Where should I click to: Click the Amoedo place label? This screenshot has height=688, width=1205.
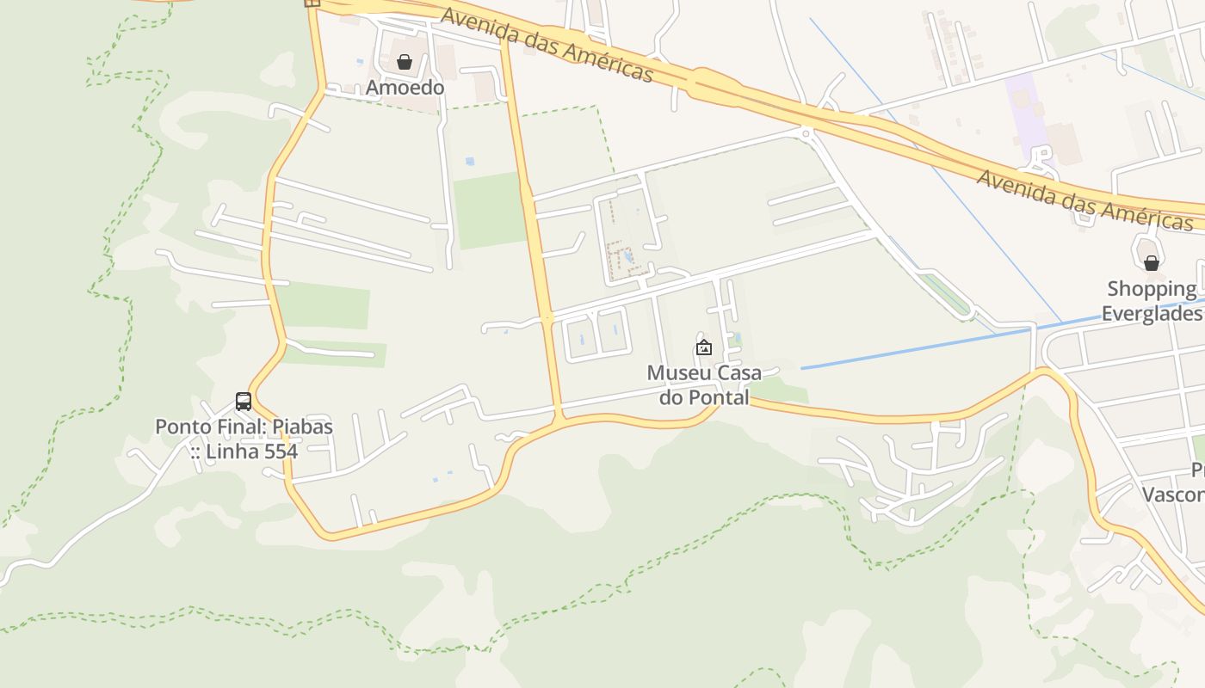point(405,88)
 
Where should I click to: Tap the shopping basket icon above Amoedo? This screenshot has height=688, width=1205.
point(405,62)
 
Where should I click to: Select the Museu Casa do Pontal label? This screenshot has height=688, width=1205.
point(704,385)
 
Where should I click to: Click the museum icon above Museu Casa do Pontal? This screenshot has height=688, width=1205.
point(704,348)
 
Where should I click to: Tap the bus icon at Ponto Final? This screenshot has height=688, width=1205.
point(244,402)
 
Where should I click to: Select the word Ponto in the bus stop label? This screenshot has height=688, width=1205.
point(182,427)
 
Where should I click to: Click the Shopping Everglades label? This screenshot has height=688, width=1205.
point(1152,301)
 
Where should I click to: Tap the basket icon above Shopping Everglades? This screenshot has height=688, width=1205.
point(1152,263)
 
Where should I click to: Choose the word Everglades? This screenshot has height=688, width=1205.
point(1152,313)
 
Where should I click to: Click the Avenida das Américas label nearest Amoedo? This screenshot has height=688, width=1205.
point(547,45)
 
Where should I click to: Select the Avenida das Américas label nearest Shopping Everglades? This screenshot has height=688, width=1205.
point(1084,199)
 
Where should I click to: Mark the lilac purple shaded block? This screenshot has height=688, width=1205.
point(1026,112)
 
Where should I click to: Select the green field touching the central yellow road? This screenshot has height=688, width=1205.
point(487,211)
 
